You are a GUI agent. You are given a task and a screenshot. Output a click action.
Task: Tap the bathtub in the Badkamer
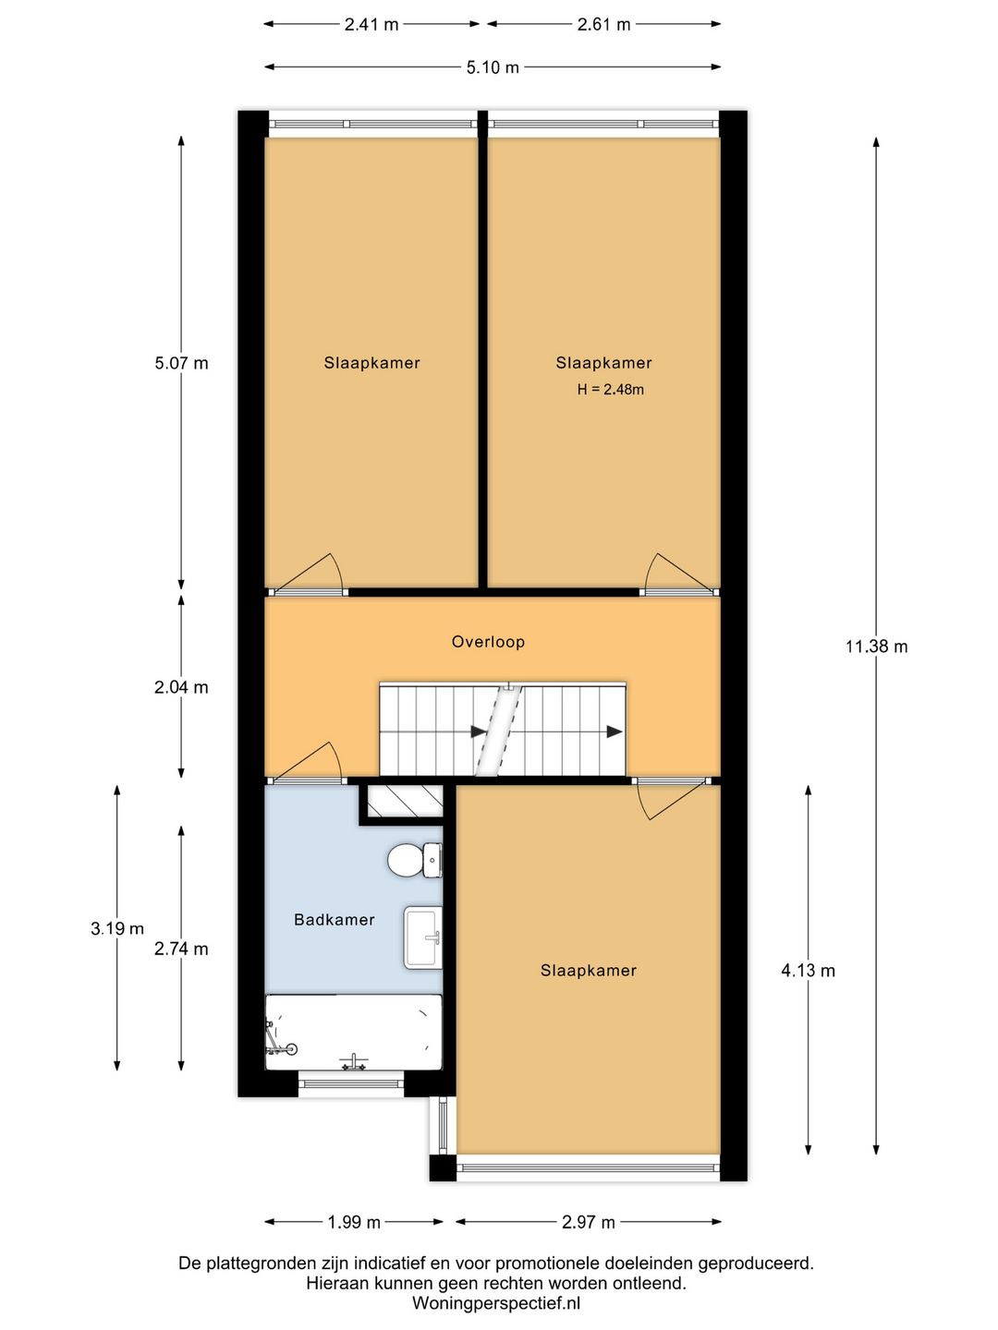coord(353,1033)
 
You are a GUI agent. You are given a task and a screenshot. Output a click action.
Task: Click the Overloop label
coord(488,642)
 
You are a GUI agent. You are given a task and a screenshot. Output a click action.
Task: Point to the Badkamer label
coord(334,920)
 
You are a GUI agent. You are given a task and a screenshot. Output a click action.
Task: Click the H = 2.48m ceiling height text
coord(610,390)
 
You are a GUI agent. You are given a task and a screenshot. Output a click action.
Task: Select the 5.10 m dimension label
coord(493,67)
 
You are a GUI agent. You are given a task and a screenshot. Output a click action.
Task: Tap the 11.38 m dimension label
coord(876,647)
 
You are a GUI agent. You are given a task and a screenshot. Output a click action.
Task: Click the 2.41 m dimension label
coord(371,24)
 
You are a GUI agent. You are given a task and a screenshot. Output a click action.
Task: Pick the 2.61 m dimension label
coord(603,24)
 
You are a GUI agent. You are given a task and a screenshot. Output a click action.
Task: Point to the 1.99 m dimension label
coord(354,1223)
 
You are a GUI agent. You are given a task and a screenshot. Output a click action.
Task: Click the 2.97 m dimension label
coord(589,1223)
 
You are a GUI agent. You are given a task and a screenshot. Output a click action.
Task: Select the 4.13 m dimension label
coord(808,971)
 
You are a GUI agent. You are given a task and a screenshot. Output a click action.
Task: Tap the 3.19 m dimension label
coord(117,928)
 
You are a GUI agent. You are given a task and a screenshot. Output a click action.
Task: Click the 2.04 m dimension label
coord(180,687)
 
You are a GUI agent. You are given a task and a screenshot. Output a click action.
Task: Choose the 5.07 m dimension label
coord(181,363)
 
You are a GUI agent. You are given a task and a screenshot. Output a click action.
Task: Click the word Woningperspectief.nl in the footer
coord(496,1302)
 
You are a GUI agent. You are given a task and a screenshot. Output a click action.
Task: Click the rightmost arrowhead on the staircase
coord(615,731)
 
